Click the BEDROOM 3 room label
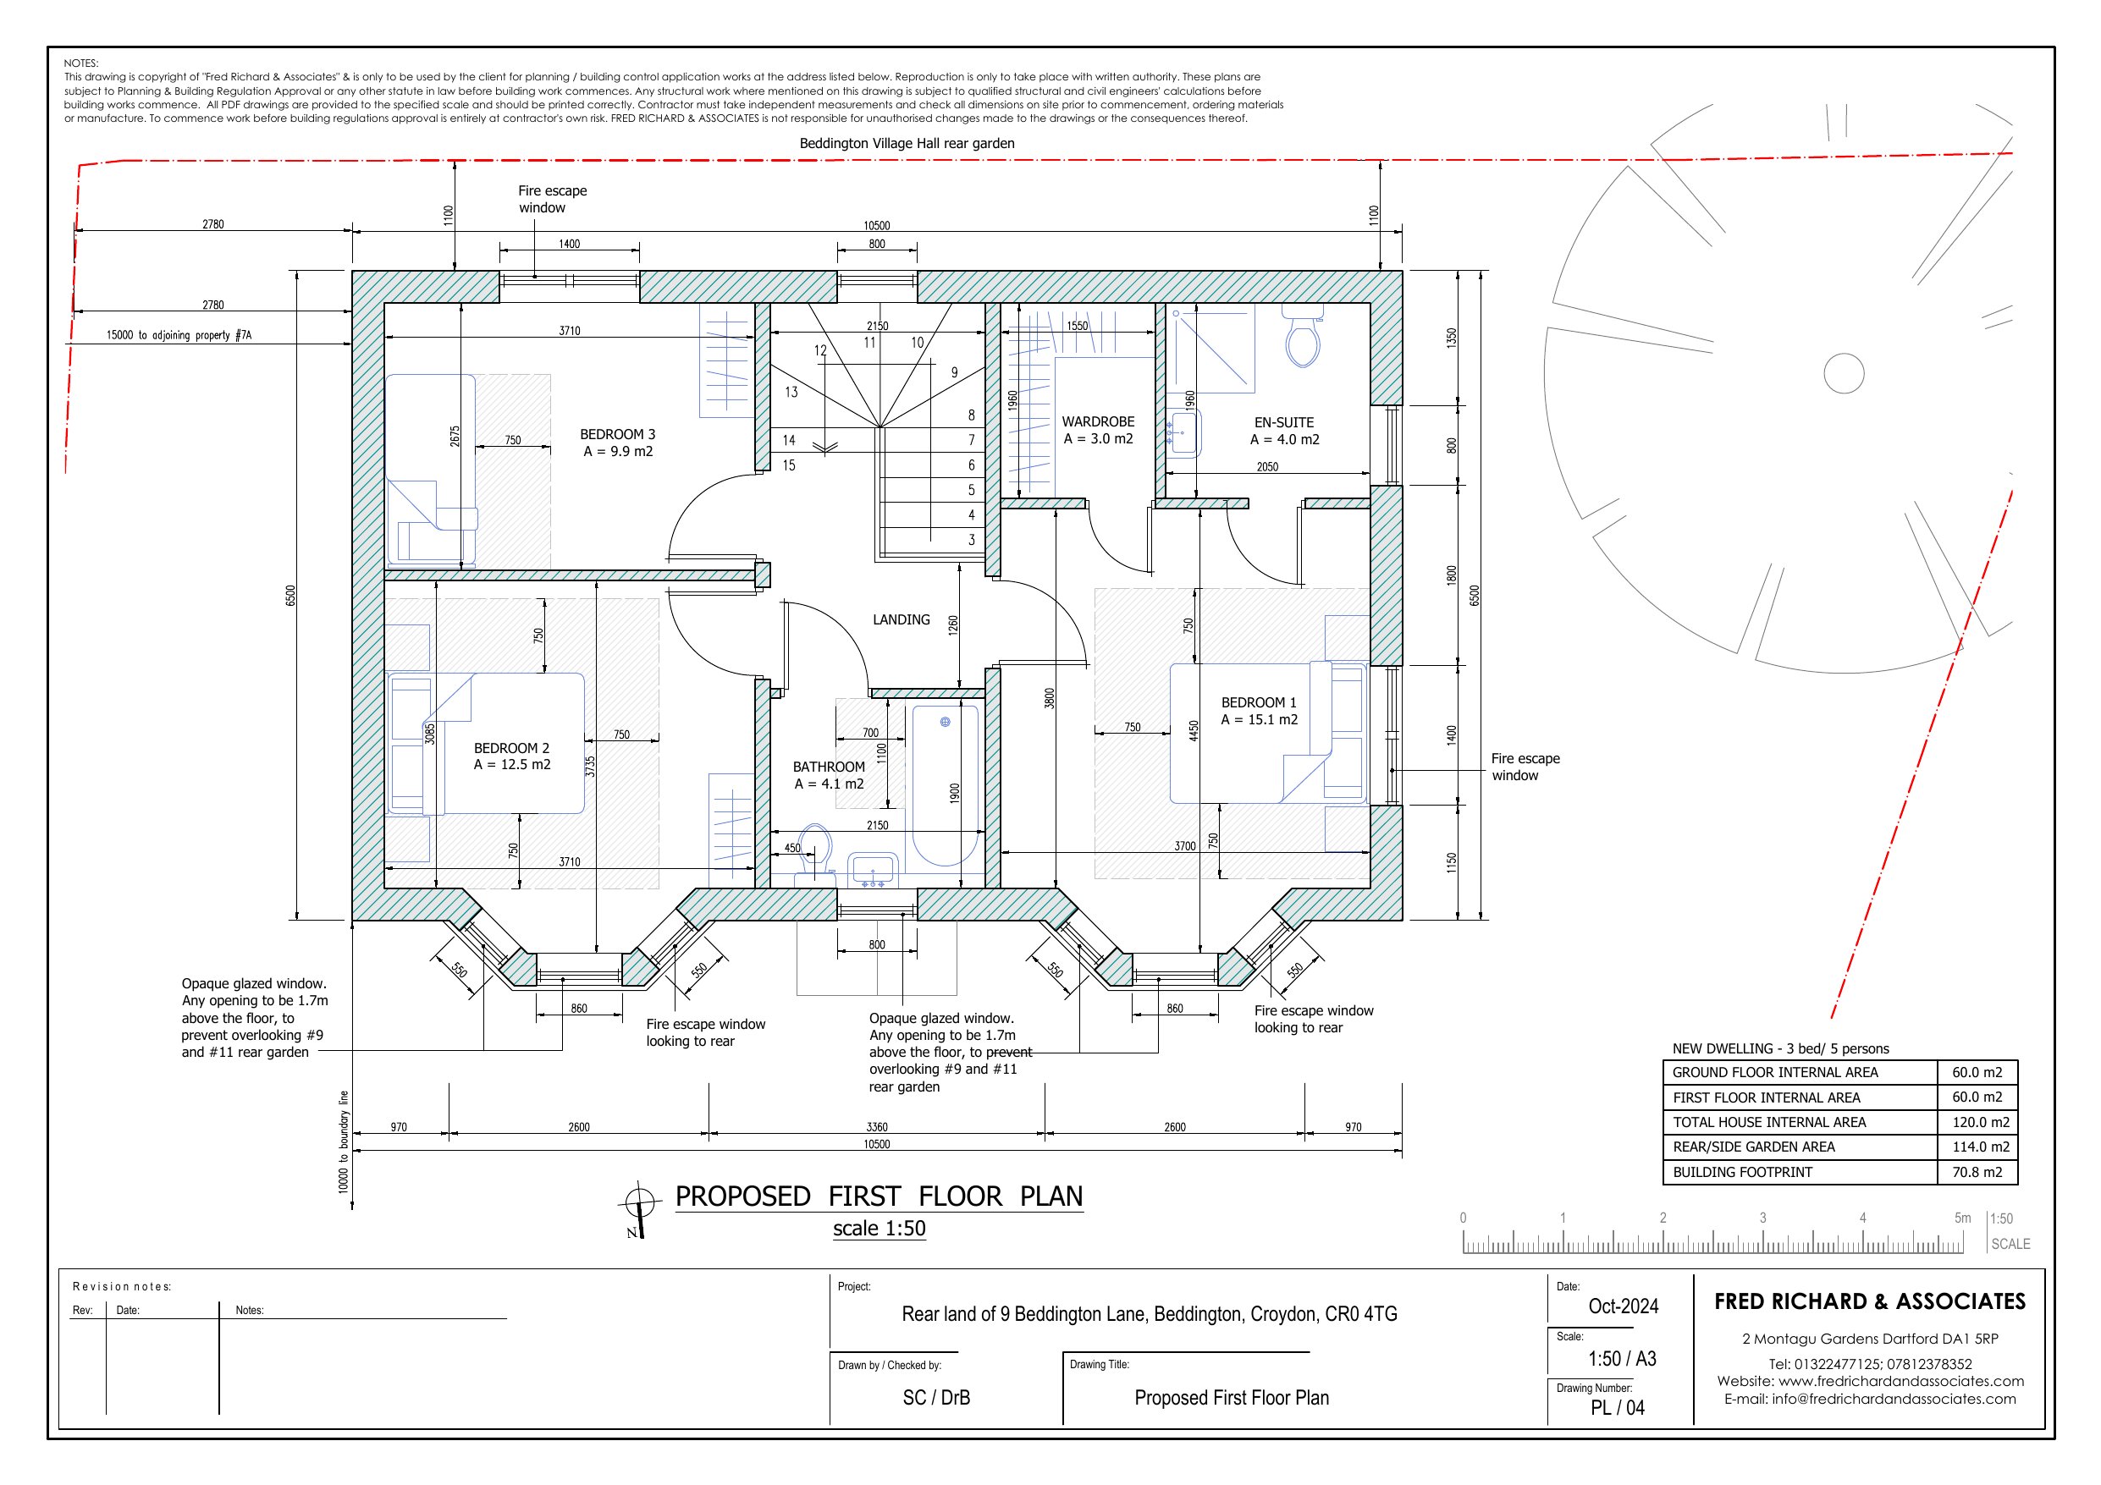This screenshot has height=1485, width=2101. tap(618, 435)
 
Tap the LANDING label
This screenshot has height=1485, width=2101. tap(902, 620)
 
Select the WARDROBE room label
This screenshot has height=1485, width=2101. tap(1098, 421)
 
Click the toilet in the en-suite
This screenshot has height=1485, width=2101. tap(1302, 336)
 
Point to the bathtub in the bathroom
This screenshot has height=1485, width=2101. tap(946, 785)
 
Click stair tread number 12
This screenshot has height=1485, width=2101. tap(820, 350)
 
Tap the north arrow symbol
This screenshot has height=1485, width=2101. tap(639, 1210)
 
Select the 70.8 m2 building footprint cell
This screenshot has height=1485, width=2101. tap(1977, 1172)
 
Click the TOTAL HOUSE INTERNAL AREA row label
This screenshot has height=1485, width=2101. tap(1770, 1123)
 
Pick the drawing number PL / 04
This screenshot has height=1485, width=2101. tap(1617, 1408)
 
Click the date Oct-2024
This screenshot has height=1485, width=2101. tap(1624, 1306)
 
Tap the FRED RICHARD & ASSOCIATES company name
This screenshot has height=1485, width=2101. tap(1870, 1302)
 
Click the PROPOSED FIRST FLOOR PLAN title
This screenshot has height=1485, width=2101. tap(880, 1196)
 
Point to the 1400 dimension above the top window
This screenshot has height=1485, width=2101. tap(569, 245)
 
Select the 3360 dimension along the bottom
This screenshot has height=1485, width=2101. tap(877, 1127)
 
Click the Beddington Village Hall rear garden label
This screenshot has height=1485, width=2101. tap(907, 144)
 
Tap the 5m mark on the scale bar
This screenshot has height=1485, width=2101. tap(1962, 1218)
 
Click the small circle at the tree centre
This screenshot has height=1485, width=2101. tap(1844, 373)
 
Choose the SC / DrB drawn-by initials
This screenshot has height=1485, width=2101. tap(936, 1398)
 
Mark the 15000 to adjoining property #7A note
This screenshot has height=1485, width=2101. tap(179, 336)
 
